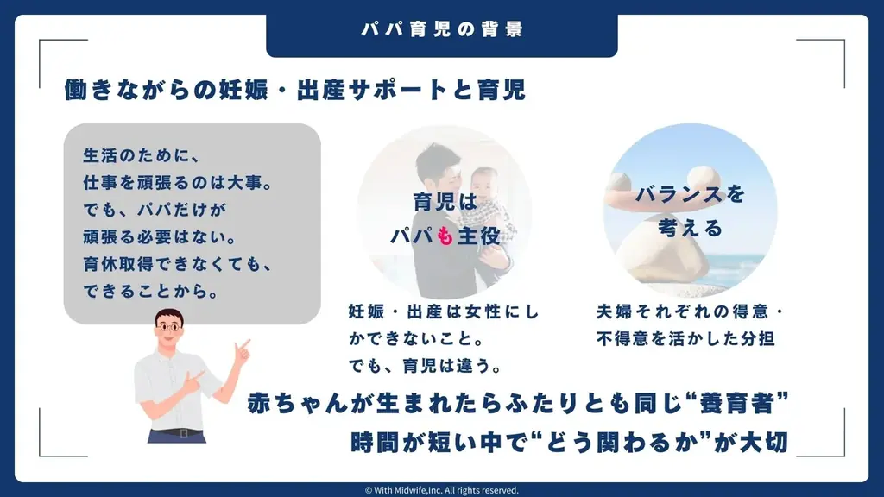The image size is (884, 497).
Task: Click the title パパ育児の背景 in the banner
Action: [x=443, y=29]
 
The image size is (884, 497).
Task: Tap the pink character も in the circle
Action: [x=445, y=236]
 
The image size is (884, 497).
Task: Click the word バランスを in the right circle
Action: [x=690, y=194]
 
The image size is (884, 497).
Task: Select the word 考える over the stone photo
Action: [x=690, y=228]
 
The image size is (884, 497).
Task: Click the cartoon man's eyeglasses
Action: [x=168, y=327]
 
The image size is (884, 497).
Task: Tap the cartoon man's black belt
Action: [x=176, y=433]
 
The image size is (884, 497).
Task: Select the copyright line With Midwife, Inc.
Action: [x=441, y=490]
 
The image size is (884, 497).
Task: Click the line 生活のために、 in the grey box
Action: [x=142, y=155]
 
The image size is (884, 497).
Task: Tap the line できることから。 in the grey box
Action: [x=151, y=292]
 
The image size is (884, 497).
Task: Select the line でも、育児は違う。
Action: [x=425, y=366]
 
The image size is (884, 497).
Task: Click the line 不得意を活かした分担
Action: [x=685, y=338]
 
